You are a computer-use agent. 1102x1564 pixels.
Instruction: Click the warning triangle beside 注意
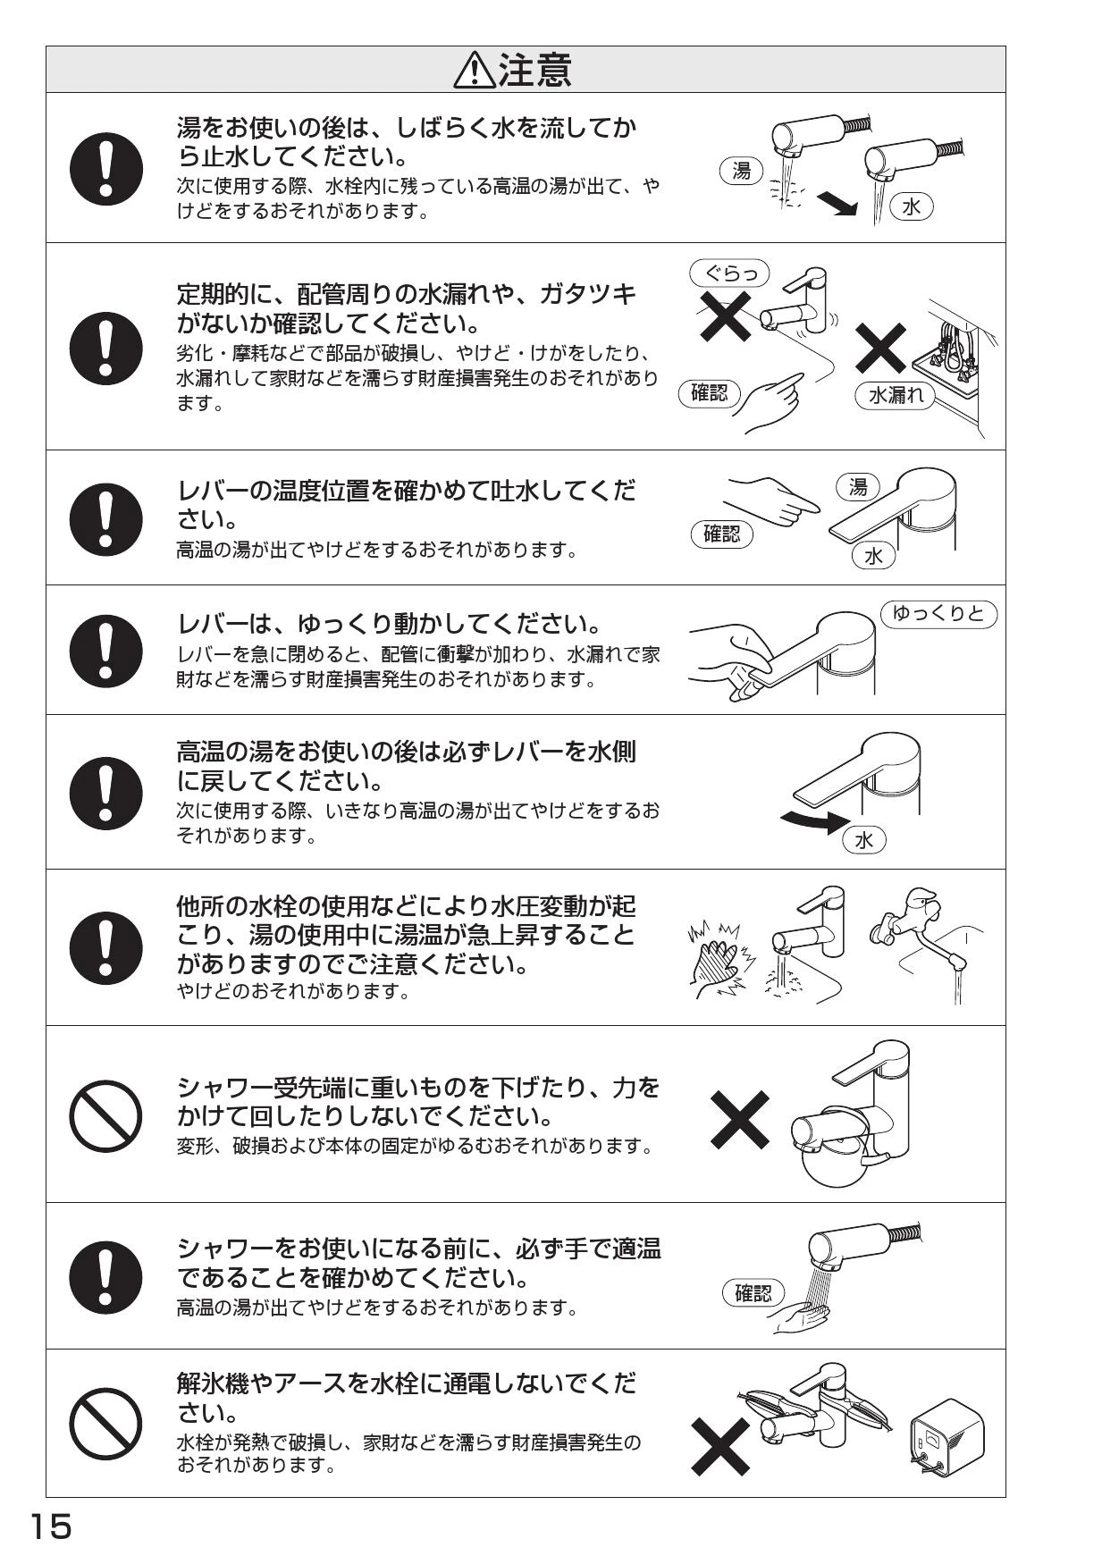pos(475,71)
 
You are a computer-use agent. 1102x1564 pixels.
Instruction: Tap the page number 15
pos(51,1526)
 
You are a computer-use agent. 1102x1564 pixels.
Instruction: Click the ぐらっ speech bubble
pos(729,272)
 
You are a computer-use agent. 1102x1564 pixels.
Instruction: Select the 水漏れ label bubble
pos(896,394)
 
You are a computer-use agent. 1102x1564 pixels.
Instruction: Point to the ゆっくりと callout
pos(938,613)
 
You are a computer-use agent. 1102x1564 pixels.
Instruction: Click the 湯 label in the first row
pos(741,171)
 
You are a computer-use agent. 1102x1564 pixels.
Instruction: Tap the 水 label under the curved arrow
pos(863,839)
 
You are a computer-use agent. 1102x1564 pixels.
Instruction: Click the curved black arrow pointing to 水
pos(812,820)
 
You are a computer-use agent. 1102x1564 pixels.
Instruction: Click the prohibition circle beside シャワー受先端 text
pos(105,1115)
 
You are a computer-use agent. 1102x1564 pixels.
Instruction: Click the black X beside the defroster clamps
pos(720,1448)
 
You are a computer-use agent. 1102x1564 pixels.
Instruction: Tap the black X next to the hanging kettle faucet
pos(740,1119)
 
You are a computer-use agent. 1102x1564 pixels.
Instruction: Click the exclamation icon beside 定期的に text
pos(105,347)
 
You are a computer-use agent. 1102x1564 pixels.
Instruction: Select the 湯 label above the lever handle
pos(858,487)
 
